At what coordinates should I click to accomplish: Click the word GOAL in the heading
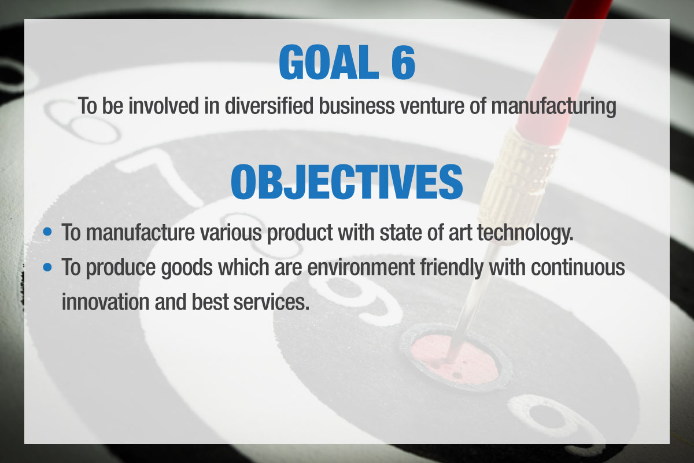point(328,63)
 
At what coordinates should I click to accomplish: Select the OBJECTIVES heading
point(346,182)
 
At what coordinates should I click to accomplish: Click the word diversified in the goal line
point(269,106)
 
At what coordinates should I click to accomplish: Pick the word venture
point(432,106)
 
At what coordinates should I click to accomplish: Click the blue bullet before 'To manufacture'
point(47,231)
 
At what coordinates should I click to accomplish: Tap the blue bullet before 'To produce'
point(47,267)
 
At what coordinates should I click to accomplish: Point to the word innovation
point(105,302)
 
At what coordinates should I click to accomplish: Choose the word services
point(271,302)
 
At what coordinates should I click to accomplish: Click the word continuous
point(578,267)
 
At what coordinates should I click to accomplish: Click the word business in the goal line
point(357,106)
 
